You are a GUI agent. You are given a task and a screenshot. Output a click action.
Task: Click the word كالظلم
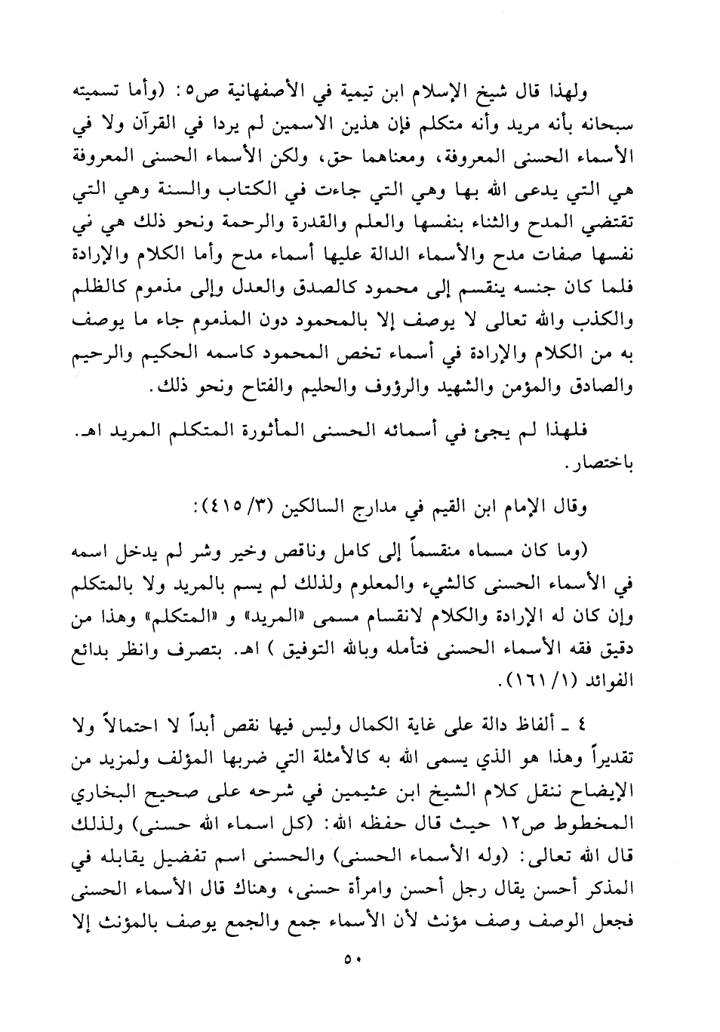click(114, 291)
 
